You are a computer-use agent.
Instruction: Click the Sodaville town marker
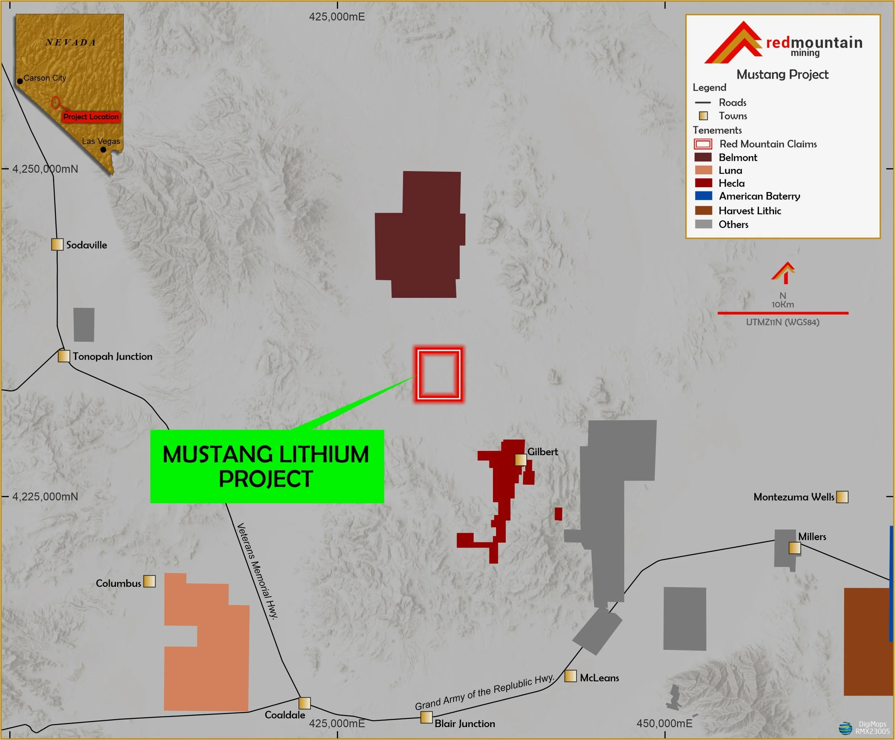click(57, 245)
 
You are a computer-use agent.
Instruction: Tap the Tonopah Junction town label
click(112, 356)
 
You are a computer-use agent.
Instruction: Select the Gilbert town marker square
click(521, 460)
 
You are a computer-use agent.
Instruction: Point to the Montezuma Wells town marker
click(842, 497)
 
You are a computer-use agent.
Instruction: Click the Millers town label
click(812, 537)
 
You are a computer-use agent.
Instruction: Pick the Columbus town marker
click(149, 581)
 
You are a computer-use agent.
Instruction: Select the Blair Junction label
click(465, 724)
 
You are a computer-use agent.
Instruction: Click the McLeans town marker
click(570, 676)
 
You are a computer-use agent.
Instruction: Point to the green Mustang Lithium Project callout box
click(267, 466)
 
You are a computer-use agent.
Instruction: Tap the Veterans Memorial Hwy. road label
click(257, 571)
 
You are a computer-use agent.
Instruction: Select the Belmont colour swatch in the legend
click(703, 157)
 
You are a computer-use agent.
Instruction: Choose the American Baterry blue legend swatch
click(703, 196)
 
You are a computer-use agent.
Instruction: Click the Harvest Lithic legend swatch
click(703, 211)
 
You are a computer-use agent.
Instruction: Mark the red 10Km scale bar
click(783, 313)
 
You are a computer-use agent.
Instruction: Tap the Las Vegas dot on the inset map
click(103, 150)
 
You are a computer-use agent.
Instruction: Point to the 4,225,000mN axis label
click(45, 496)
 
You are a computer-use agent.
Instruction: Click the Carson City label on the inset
click(45, 78)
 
